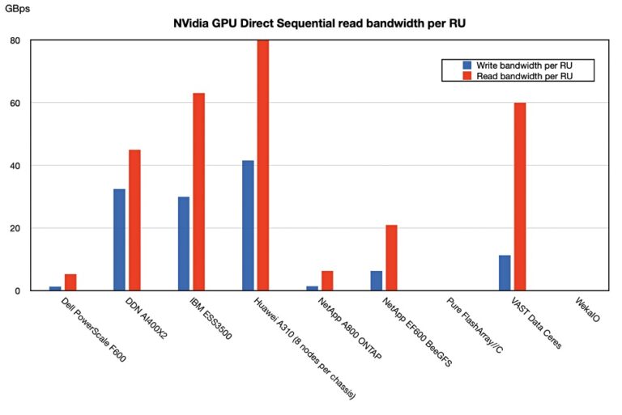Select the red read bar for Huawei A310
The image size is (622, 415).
[262, 165]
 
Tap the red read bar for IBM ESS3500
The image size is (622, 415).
[198, 192]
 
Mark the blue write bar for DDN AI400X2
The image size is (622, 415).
[120, 239]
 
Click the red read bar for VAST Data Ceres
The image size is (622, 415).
[520, 197]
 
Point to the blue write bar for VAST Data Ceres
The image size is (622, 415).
[505, 273]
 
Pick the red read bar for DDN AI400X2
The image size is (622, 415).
[134, 220]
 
